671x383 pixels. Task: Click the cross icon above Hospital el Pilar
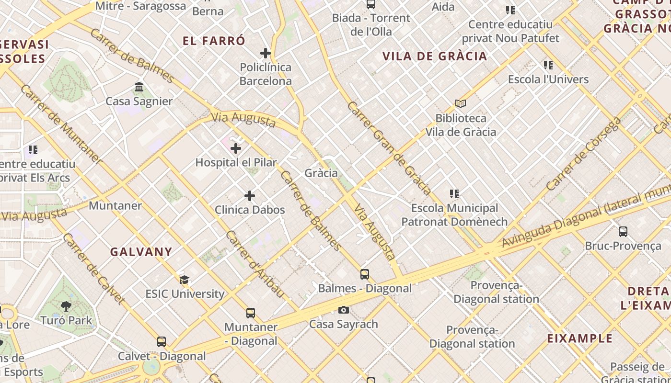(x=236, y=148)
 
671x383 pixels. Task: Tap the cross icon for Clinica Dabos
(x=250, y=196)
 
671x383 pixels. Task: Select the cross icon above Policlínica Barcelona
(x=266, y=53)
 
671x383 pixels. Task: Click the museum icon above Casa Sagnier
(x=139, y=87)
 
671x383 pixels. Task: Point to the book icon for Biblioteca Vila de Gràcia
(x=461, y=103)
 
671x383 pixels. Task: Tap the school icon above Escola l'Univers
(x=548, y=65)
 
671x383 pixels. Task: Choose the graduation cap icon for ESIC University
(x=185, y=280)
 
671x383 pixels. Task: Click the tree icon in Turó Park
(x=66, y=306)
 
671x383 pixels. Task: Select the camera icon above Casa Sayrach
(x=343, y=310)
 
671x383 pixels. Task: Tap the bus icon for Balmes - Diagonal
(x=365, y=274)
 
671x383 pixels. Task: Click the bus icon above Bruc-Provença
(x=623, y=232)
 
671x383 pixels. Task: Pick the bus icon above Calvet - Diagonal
(x=162, y=342)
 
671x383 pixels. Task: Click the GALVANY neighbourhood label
(x=141, y=252)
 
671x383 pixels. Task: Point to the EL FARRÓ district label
(x=214, y=41)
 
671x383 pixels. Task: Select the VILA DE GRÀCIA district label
(x=435, y=56)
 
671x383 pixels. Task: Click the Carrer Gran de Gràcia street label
(x=389, y=147)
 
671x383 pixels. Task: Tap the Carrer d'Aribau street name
(x=255, y=264)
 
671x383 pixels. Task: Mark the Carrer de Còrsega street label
(x=583, y=154)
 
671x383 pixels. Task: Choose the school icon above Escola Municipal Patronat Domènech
(x=454, y=194)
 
